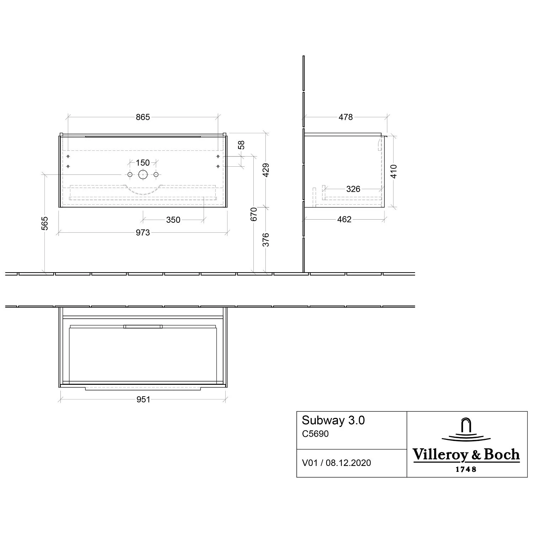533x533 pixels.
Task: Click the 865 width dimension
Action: click(143, 117)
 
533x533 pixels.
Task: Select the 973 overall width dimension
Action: click(143, 233)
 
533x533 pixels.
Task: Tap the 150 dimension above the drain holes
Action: click(143, 163)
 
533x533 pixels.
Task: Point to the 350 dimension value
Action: click(173, 220)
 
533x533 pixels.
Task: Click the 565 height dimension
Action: click(45, 223)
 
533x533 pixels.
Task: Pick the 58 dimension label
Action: click(242, 145)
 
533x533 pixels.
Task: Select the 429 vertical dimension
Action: click(266, 170)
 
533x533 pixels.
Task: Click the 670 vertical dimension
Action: click(254, 214)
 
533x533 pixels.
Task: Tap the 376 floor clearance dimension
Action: click(266, 240)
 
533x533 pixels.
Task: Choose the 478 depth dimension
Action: click(345, 117)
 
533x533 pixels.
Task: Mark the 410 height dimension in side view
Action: click(393, 171)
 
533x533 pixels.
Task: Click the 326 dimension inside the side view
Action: click(353, 189)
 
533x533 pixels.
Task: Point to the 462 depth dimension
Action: click(344, 220)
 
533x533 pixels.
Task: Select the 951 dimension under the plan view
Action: click(143, 400)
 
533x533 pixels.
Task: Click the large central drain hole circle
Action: click(143, 174)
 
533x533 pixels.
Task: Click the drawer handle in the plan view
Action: click(143, 327)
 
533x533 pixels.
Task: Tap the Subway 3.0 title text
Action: click(333, 420)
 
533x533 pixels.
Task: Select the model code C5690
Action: click(315, 434)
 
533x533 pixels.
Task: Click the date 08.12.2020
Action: click(348, 463)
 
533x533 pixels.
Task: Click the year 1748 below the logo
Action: click(466, 469)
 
